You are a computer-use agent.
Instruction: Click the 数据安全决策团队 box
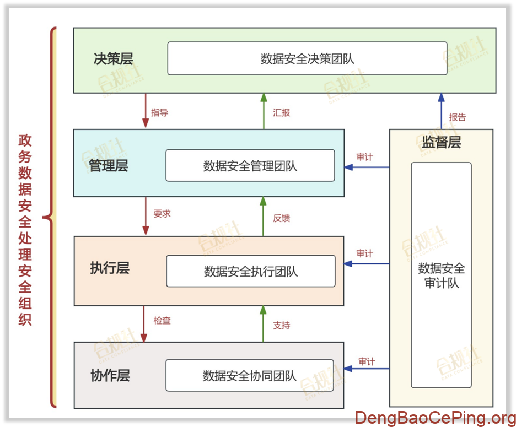(x=307, y=58)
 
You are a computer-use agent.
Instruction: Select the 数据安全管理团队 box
(x=250, y=165)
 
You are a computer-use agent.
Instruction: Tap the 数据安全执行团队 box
(x=250, y=271)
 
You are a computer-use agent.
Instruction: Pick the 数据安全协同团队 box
(x=250, y=376)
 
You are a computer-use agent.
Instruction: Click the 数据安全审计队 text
(x=441, y=275)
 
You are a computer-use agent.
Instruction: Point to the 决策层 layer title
(x=113, y=58)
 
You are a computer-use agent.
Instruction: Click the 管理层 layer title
(x=109, y=165)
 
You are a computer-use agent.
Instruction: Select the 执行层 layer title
(x=110, y=268)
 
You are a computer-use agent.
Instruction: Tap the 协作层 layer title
(x=110, y=376)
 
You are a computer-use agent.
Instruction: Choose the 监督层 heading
(x=441, y=142)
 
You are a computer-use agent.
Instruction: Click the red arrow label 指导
(x=160, y=112)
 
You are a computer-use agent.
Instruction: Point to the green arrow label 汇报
(x=281, y=112)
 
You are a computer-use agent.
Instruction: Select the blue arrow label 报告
(x=458, y=117)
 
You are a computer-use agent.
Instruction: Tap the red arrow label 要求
(x=162, y=214)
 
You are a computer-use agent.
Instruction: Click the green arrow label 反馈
(x=281, y=218)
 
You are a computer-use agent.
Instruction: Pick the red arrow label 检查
(x=162, y=320)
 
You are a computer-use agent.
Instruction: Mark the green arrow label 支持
(x=281, y=325)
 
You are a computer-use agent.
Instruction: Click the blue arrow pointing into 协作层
(x=367, y=369)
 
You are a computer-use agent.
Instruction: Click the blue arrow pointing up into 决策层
(x=441, y=110)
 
